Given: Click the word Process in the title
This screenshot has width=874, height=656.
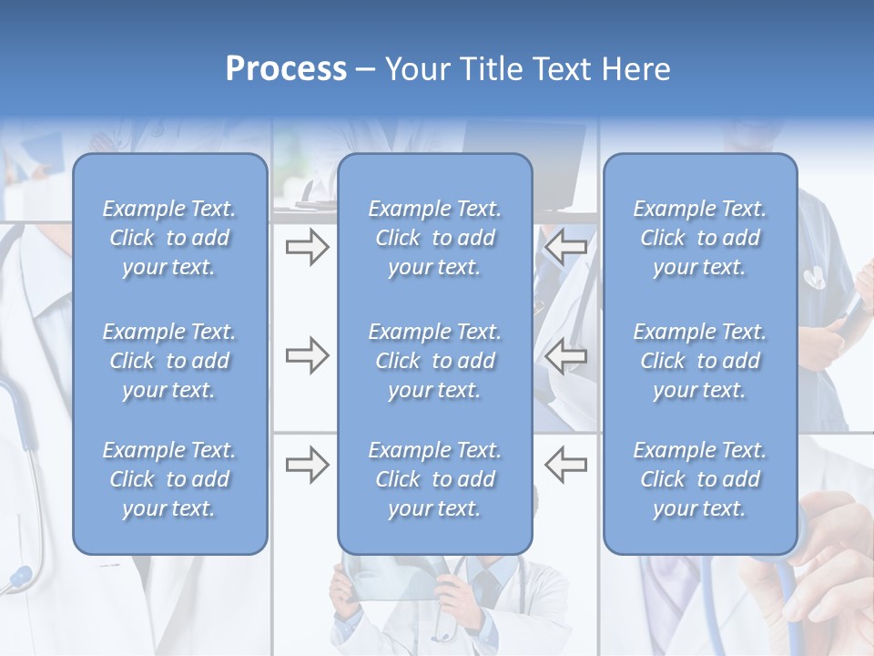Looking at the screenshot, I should coord(286,69).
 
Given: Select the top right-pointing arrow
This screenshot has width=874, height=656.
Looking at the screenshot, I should coord(307,247).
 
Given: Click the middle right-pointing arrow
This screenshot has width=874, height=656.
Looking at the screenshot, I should coord(307,355).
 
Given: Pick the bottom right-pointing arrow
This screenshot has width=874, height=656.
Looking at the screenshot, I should coord(307,465).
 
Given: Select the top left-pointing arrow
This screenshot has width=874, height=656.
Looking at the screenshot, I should coord(565,247).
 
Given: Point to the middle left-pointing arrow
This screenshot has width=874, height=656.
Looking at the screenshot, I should coord(565,355).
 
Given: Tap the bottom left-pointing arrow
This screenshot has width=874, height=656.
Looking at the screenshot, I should coord(565,465).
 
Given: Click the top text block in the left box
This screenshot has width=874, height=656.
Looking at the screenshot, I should coord(169,238).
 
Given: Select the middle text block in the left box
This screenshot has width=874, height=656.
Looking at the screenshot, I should coord(169,361).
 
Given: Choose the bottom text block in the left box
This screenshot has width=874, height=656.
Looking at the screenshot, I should coord(169,479).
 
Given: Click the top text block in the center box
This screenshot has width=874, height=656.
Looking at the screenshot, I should coord(434,238).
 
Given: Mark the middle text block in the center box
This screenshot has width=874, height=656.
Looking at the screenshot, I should coord(434,361).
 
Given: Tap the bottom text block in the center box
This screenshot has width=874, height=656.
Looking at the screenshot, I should coord(434,479).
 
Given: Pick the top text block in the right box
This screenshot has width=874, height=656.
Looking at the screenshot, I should coord(699,238).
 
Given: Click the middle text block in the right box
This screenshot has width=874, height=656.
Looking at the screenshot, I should coord(699,361).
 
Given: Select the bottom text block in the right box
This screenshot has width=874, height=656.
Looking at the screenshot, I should coord(699,479).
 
